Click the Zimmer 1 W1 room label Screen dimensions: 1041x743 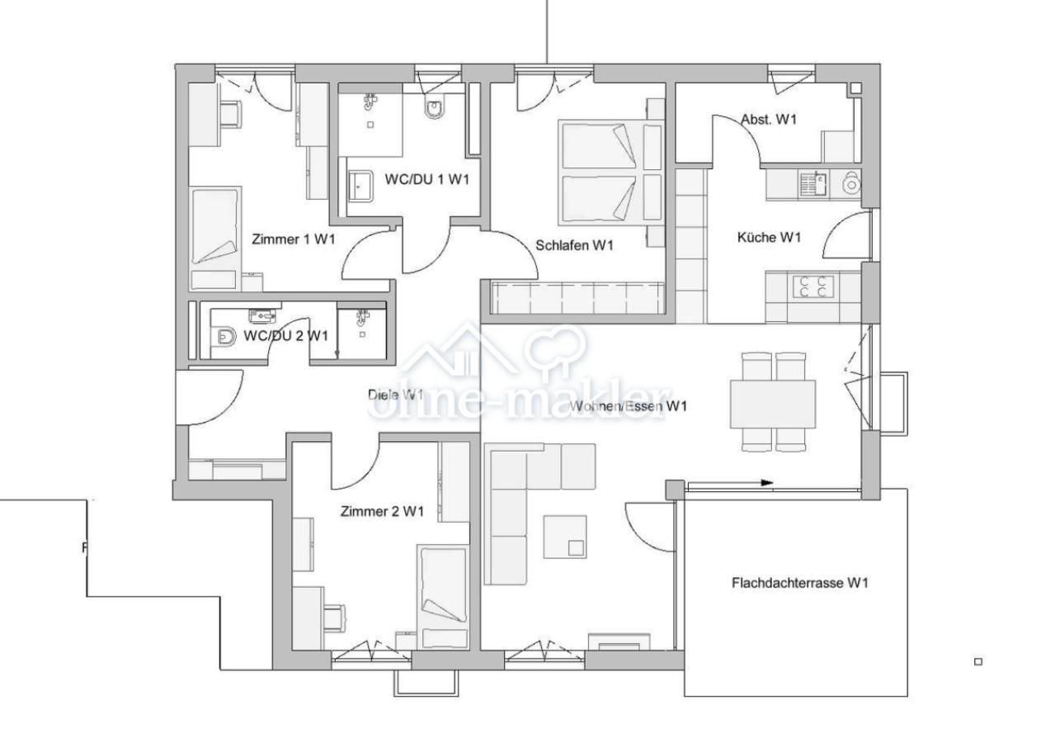(x=294, y=239)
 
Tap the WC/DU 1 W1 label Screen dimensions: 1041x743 (x=427, y=179)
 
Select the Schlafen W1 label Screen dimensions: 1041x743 (x=574, y=245)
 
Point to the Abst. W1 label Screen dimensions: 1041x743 (x=768, y=120)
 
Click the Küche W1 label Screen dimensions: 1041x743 (x=769, y=237)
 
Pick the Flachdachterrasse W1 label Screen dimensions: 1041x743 (x=800, y=583)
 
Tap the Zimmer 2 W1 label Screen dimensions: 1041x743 (x=382, y=511)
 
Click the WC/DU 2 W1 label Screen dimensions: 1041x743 (x=285, y=335)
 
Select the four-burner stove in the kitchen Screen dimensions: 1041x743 (x=813, y=286)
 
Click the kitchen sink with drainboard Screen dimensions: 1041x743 (x=813, y=183)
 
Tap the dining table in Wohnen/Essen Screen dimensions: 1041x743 (x=773, y=404)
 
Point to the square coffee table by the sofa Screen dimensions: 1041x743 (x=565, y=536)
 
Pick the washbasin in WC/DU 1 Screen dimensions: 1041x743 (x=360, y=186)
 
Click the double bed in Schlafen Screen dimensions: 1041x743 (x=611, y=171)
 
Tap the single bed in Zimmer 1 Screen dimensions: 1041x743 (x=215, y=239)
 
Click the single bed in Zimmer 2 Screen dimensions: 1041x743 (x=444, y=597)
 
